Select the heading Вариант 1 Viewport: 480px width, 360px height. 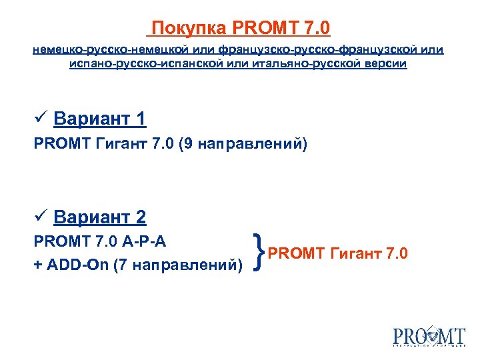coord(100,119)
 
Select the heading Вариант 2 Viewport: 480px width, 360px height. coord(100,217)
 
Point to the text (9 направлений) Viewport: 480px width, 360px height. coord(243,143)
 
